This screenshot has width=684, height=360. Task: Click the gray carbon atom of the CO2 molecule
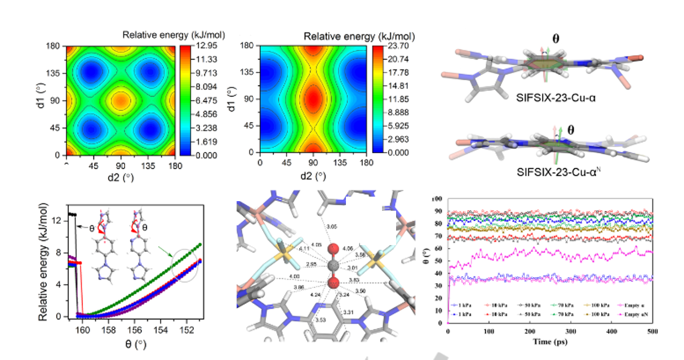pos(334,265)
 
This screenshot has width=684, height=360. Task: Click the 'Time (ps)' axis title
pos(549,341)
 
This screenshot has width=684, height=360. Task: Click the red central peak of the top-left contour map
pos(120,101)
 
